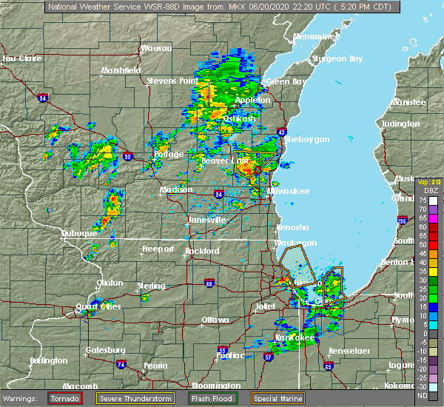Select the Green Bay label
(283, 81)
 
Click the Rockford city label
(202, 251)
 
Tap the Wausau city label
(156, 48)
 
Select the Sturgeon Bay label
(335, 58)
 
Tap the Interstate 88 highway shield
(209, 283)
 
